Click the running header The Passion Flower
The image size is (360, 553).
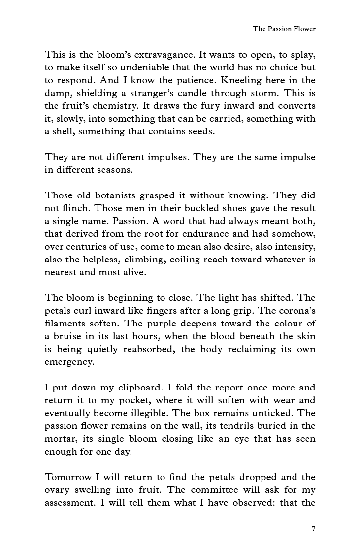[x=284, y=29]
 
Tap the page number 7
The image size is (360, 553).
[x=313, y=529]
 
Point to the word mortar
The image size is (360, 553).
[x=58, y=439]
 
